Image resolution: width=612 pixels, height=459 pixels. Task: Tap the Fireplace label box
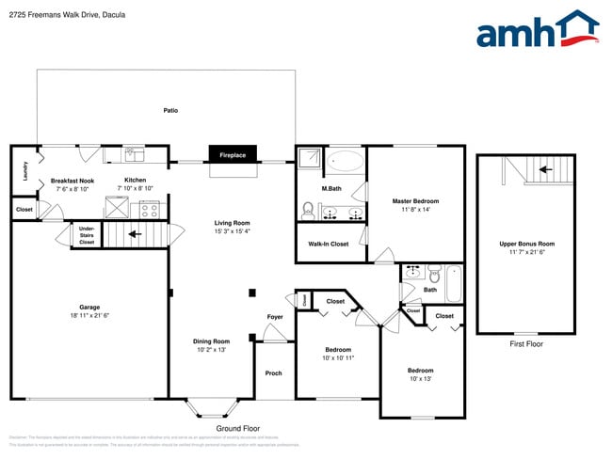tap(233, 154)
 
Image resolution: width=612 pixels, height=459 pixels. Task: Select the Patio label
tap(170, 110)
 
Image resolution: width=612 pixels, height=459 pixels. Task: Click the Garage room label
tap(89, 311)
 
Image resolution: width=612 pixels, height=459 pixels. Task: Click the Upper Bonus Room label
tap(526, 247)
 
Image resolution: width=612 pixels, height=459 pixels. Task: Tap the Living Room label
tap(232, 226)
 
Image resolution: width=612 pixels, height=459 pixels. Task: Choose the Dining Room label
tap(213, 344)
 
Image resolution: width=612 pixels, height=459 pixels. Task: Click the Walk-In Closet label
tap(329, 244)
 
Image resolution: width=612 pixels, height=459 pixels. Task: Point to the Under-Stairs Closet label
tap(87, 235)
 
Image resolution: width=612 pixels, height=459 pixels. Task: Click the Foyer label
tap(275, 317)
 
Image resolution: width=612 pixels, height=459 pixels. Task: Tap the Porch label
tap(273, 373)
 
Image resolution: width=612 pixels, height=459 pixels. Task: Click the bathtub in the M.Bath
tap(346, 161)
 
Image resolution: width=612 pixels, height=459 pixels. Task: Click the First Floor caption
tap(526, 344)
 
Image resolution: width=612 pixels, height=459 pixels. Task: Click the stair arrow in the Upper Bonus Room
tap(543, 170)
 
